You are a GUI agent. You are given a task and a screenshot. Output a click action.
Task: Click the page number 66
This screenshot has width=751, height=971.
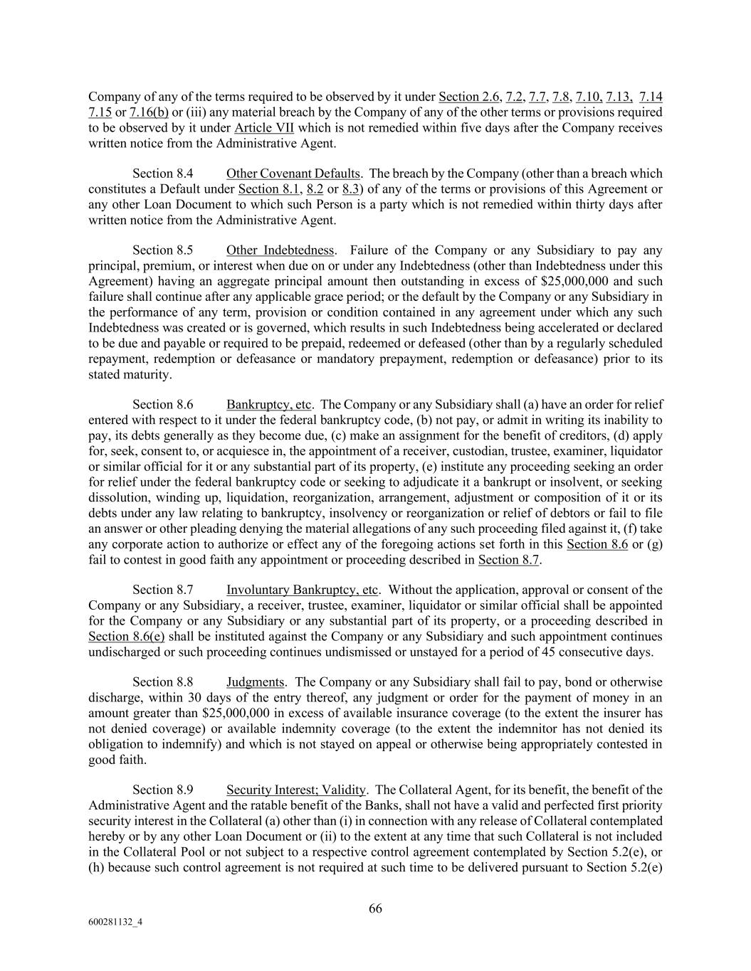pos(375,908)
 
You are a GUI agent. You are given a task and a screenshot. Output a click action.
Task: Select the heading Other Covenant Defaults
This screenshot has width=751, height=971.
pos(293,174)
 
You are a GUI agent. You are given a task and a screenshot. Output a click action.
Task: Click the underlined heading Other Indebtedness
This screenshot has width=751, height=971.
pos(280,250)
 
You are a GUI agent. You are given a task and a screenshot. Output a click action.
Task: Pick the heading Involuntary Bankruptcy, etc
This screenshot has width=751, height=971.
pos(303,590)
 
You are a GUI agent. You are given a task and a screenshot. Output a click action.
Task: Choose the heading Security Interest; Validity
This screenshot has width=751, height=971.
pos(296,790)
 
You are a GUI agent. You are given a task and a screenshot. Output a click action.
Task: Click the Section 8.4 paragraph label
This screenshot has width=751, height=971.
pos(163,174)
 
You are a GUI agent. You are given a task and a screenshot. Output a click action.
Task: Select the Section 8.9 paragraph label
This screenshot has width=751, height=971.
pos(163,790)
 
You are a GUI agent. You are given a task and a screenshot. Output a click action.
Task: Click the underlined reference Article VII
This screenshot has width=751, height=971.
pos(264,128)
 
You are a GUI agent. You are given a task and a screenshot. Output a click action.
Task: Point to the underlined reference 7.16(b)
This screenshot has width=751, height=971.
pos(149,112)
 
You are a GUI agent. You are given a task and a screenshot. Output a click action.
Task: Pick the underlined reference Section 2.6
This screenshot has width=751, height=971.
pos(469,97)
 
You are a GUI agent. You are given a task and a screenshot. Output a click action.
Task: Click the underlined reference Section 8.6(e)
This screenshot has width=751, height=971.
pos(126,637)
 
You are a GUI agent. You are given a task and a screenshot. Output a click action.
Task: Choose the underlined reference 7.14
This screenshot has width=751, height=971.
pos(651,97)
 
